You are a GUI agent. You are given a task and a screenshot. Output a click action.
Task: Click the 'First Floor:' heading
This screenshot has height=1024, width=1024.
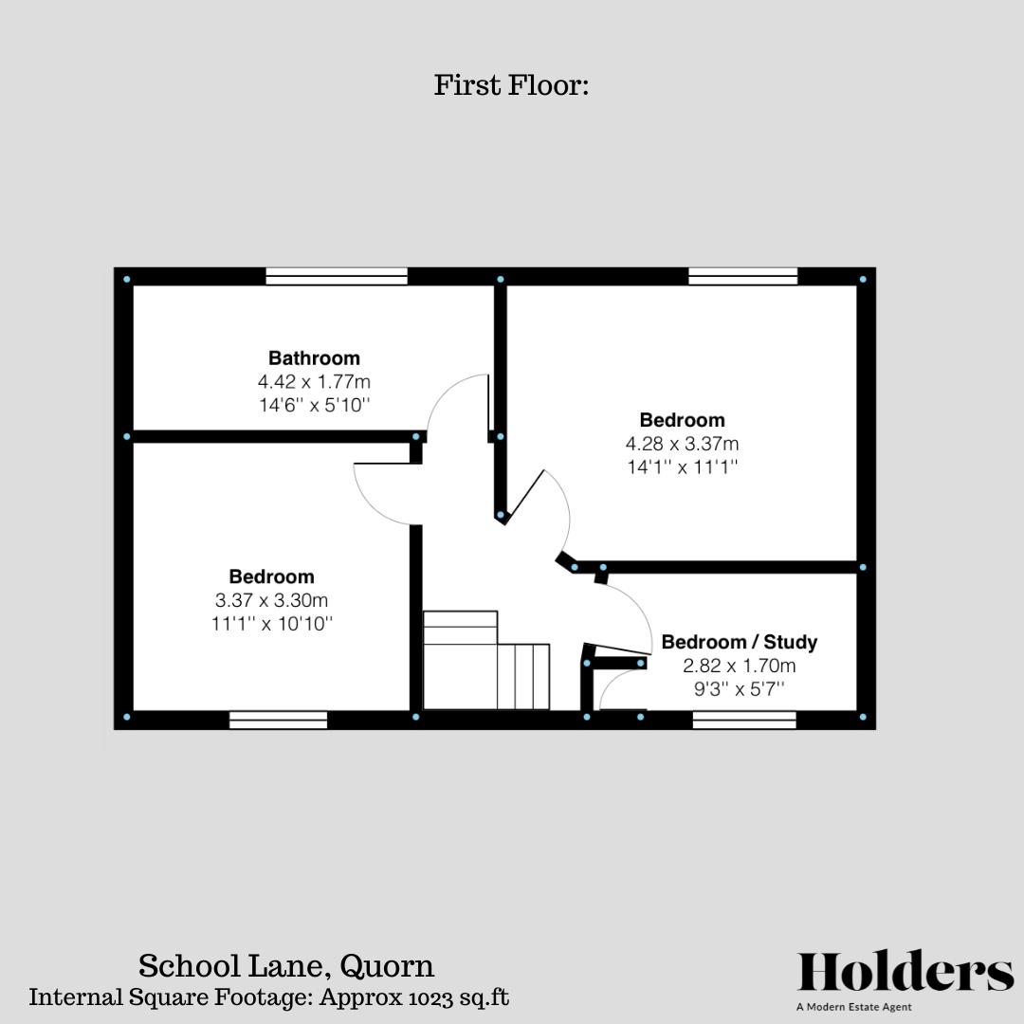[512, 85]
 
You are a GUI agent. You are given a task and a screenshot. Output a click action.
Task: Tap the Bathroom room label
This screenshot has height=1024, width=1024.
[314, 358]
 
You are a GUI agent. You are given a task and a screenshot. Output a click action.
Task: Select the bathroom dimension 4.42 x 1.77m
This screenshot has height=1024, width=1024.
[314, 382]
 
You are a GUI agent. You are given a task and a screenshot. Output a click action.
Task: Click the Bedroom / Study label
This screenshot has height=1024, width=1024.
[739, 642]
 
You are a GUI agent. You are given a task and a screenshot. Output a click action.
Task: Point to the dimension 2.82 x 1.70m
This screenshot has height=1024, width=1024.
[739, 666]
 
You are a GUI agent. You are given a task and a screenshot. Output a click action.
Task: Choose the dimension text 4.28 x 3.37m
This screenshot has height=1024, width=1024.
[682, 444]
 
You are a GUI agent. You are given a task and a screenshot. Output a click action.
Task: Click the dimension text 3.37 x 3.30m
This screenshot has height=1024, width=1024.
[271, 600]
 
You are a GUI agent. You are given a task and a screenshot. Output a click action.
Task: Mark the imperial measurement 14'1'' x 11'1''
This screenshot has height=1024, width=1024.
[682, 467]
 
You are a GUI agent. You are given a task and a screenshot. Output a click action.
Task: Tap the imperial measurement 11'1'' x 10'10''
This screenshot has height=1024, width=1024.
[271, 624]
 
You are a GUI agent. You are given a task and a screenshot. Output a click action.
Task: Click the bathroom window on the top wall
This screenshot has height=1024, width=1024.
[337, 276]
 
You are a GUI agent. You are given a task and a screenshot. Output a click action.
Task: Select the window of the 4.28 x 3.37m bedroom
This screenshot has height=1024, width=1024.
[742, 276]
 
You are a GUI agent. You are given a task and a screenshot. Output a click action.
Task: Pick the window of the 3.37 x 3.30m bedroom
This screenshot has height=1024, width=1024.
[278, 721]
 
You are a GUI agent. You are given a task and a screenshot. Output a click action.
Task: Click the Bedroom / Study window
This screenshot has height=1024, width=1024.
[744, 721]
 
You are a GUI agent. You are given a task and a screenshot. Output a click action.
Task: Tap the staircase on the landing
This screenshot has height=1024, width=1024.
[485, 664]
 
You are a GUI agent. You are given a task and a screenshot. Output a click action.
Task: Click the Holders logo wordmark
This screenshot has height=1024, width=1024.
[905, 974]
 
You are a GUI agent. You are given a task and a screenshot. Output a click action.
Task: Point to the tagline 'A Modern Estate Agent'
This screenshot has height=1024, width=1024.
[854, 1008]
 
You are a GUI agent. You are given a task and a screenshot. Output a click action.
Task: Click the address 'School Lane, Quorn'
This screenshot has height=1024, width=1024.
[286, 966]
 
